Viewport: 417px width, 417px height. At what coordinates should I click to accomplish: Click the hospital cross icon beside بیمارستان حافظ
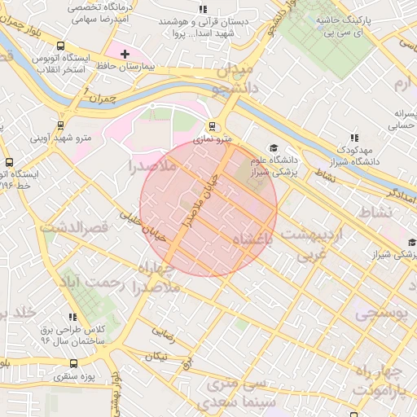click(125, 55)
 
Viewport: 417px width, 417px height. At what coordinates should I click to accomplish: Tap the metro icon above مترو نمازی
click(213, 126)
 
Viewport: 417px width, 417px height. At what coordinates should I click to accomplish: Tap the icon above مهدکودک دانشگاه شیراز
click(353, 138)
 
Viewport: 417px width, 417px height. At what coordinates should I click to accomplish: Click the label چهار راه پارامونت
click(385, 380)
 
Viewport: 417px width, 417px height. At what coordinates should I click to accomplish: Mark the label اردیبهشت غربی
click(309, 244)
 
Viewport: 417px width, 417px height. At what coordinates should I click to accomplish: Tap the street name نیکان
click(156, 356)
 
